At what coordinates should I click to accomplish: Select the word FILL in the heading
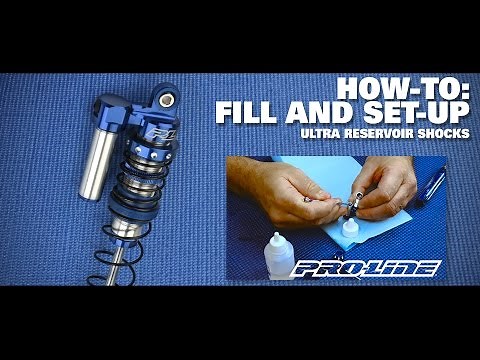point(252,111)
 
